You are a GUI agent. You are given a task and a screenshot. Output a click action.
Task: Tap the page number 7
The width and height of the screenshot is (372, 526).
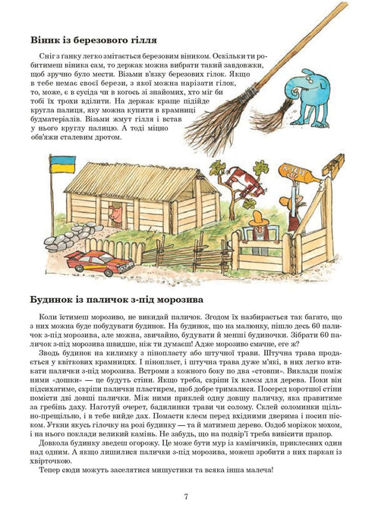(x=186, y=498)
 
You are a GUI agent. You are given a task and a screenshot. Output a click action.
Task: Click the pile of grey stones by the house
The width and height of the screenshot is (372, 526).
(x=64, y=239)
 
